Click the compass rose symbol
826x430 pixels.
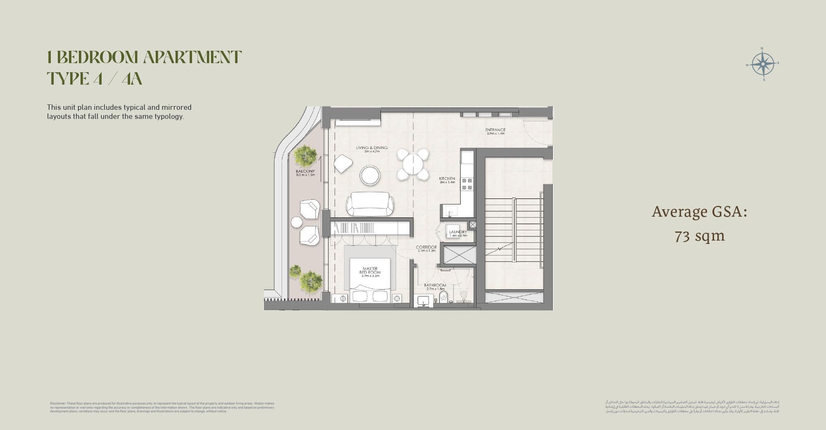click(x=763, y=64)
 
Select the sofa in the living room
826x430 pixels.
click(x=370, y=204)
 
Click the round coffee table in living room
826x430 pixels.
click(x=370, y=175)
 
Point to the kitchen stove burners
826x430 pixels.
click(x=467, y=184)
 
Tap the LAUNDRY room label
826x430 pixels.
click(x=458, y=232)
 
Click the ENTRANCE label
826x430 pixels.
click(x=495, y=130)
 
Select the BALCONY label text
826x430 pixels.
click(x=305, y=171)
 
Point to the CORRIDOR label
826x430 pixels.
click(x=426, y=247)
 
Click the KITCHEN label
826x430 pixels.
click(x=447, y=179)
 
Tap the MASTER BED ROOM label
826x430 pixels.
click(x=370, y=271)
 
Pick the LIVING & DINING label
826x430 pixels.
click(x=372, y=148)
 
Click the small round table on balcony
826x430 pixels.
click(x=297, y=222)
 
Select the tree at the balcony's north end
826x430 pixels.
click(x=306, y=156)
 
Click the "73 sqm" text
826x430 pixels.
click(x=700, y=236)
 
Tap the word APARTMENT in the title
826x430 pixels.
click(x=192, y=57)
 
